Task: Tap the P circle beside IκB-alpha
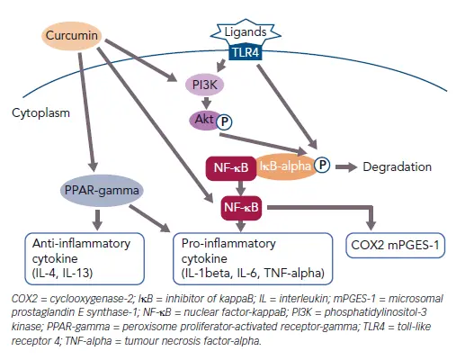pyautogui.click(x=321, y=166)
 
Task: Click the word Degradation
pyautogui.click(x=397, y=166)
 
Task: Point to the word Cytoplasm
pyautogui.click(x=40, y=114)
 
